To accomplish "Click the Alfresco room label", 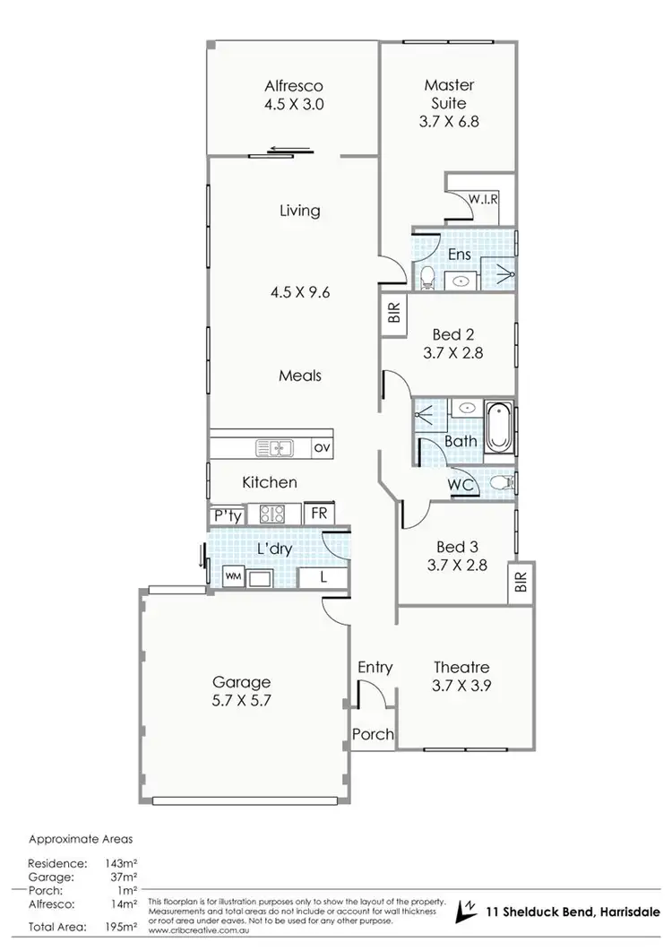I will (293, 87).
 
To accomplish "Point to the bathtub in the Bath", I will (498, 428).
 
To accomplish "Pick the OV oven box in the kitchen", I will (320, 446).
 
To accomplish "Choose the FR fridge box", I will (318, 514).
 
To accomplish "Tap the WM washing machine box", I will (233, 576).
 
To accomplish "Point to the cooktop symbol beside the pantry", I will (271, 514).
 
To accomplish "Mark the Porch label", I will (373, 734).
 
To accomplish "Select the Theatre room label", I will (461, 667).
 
